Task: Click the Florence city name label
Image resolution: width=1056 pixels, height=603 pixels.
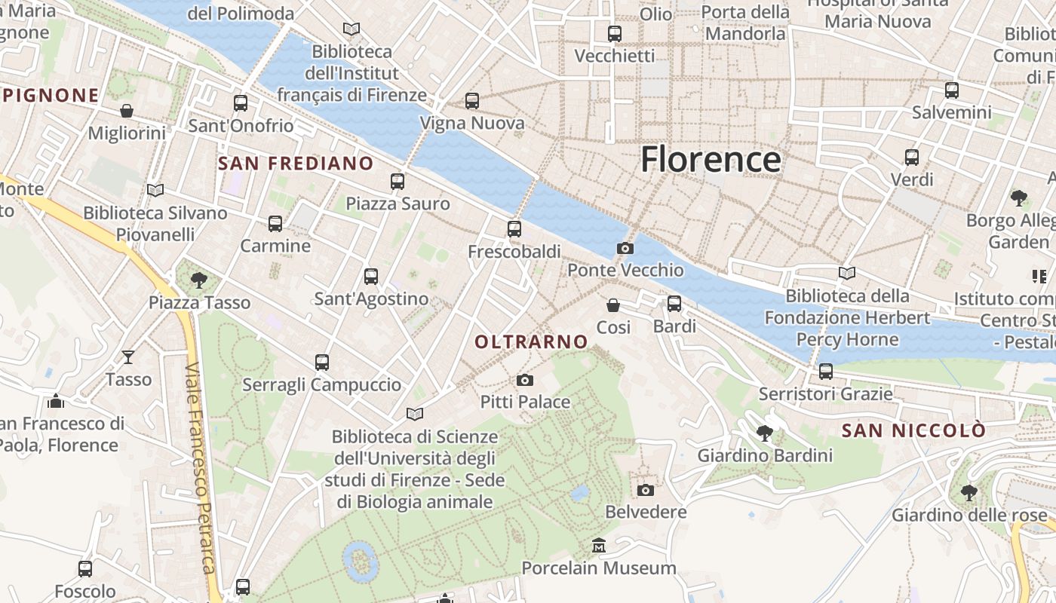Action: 711,160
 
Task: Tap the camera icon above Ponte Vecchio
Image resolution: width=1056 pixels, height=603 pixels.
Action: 625,248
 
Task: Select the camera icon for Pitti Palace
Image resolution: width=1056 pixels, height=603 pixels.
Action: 525,380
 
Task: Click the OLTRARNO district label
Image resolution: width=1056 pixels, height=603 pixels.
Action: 531,341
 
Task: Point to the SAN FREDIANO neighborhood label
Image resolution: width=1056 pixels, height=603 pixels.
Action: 296,164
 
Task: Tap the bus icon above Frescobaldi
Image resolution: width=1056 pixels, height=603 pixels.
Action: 514,228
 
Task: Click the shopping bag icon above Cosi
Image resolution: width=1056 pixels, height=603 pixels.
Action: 613,305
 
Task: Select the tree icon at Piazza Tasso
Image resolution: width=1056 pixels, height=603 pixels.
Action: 199,280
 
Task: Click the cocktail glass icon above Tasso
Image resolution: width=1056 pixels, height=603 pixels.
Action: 129,357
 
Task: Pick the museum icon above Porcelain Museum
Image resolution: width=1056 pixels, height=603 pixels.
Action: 599,545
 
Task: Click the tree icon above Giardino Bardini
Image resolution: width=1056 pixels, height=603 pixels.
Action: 765,433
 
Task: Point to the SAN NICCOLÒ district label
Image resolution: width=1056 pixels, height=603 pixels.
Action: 913,431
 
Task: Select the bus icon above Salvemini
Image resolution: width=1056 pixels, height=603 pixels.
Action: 952,90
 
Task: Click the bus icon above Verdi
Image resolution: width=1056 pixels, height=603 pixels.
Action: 912,158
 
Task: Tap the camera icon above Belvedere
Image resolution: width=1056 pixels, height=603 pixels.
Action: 646,490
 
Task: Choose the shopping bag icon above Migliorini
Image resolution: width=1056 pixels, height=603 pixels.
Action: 127,111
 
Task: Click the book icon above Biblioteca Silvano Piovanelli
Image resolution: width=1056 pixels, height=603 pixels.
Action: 155,191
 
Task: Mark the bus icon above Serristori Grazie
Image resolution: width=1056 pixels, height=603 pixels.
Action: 826,372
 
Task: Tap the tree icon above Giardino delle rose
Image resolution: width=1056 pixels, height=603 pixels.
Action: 969,493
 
